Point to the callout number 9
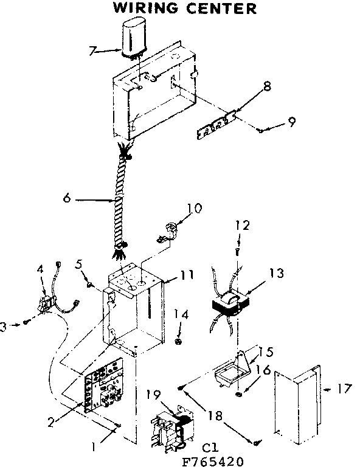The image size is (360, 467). (292, 122)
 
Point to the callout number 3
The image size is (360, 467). (4, 327)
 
